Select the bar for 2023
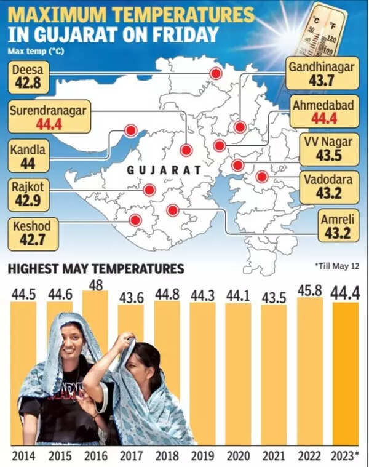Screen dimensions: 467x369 (x=344, y=372)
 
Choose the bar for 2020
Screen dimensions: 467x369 (x=237, y=372)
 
